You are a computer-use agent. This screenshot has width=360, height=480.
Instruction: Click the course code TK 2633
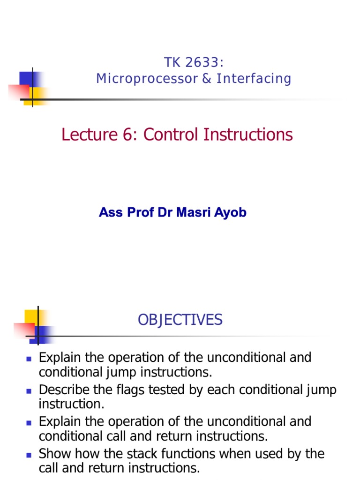(x=193, y=62)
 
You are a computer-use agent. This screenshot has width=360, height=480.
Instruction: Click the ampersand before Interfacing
(x=207, y=79)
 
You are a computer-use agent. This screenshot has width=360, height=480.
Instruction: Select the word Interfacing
(x=254, y=79)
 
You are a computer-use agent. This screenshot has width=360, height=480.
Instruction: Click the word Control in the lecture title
(x=171, y=135)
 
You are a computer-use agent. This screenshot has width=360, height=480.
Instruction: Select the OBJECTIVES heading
(x=180, y=320)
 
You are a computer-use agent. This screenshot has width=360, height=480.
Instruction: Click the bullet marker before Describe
(x=28, y=390)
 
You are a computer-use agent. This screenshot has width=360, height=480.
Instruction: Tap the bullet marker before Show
(x=28, y=454)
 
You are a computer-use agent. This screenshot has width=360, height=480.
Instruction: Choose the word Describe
(x=61, y=390)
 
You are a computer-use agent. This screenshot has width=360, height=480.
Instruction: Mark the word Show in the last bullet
(x=53, y=454)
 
